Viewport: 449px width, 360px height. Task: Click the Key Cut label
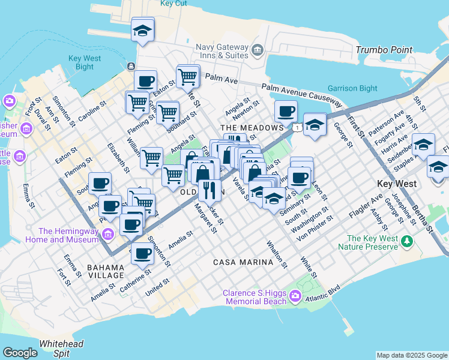(x=173, y=4)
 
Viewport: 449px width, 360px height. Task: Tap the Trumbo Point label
(x=384, y=50)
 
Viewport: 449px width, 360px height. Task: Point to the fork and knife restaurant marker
(x=209, y=190)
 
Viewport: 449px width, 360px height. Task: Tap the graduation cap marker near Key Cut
(x=143, y=30)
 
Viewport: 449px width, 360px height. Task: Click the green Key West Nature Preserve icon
(x=408, y=242)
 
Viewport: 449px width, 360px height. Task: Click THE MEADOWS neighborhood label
(x=252, y=128)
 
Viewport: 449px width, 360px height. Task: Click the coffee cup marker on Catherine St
(x=142, y=253)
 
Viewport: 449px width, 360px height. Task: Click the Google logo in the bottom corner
(x=20, y=353)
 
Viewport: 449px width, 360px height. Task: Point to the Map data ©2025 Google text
(x=412, y=355)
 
